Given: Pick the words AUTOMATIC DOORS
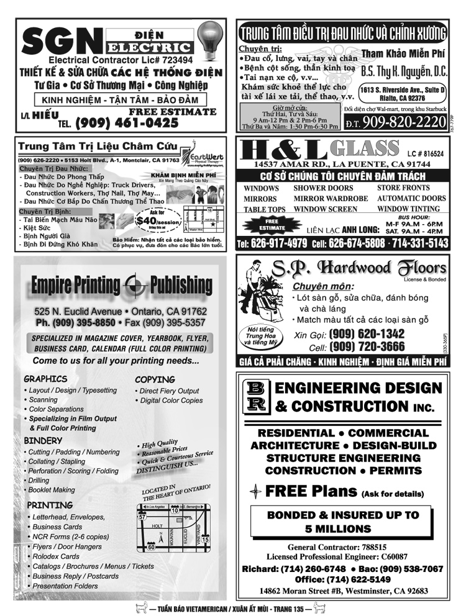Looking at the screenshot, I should click(411, 199).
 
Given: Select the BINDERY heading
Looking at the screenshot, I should click(43, 440).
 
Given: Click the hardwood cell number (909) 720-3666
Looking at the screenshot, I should click(367, 346).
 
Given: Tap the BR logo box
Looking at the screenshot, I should click(257, 397).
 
